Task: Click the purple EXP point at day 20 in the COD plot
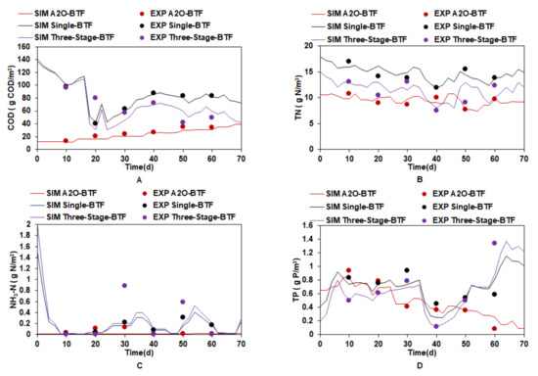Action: coord(95,98)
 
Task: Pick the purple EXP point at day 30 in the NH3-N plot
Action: coord(124,286)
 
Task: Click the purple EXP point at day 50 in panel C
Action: coord(182,303)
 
